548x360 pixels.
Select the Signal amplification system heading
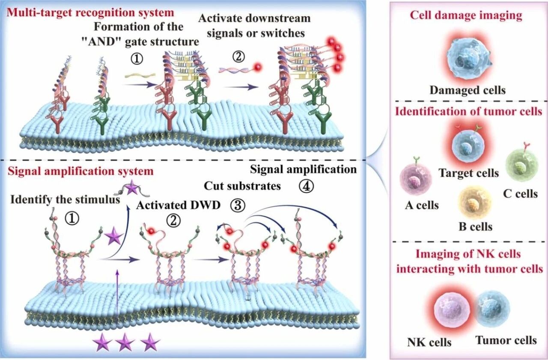pos(80,172)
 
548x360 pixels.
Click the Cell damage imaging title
pos(466,16)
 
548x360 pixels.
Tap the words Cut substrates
pos(242,186)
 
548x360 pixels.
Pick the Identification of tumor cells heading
pos(469,112)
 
